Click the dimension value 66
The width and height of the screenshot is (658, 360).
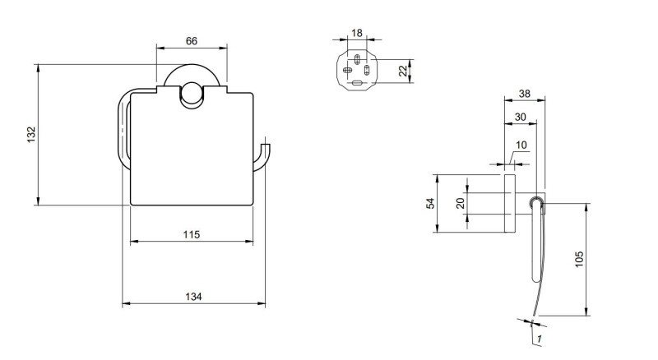(x=191, y=41)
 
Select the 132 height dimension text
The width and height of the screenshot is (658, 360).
(x=30, y=134)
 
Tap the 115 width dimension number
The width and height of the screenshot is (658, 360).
(x=191, y=234)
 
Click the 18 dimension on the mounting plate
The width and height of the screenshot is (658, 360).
(x=356, y=33)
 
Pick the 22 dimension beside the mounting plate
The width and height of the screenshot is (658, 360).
(x=403, y=71)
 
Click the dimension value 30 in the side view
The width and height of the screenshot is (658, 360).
(x=520, y=118)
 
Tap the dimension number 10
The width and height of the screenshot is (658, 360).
(x=521, y=145)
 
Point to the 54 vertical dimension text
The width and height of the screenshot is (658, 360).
(x=429, y=203)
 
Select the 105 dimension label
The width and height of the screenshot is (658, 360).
(x=579, y=259)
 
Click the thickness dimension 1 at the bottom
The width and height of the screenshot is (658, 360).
(x=538, y=338)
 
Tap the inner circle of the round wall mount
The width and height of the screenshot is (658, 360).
(x=192, y=94)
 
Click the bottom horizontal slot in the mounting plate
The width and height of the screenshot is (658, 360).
(x=357, y=83)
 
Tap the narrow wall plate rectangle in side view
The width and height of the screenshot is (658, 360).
(x=508, y=203)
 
